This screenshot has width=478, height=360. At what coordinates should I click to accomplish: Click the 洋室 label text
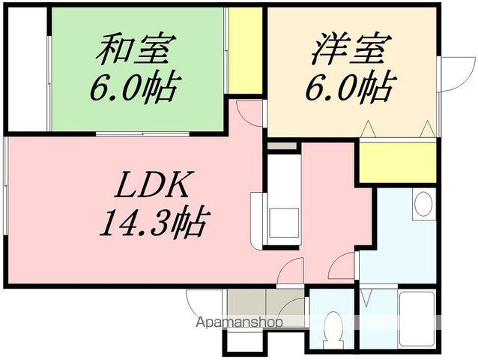click(x=349, y=50)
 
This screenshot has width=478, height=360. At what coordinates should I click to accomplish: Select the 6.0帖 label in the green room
click(x=135, y=88)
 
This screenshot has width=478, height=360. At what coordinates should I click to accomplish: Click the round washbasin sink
click(x=423, y=203)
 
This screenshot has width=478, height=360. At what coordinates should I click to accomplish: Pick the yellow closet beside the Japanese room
click(x=245, y=49)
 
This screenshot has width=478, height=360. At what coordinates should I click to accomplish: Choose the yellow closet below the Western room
click(x=397, y=161)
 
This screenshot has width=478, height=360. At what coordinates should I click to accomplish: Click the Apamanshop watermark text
click(x=240, y=323)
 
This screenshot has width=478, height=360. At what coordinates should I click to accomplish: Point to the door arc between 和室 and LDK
click(x=249, y=112)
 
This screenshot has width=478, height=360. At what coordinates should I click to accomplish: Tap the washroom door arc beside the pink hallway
click(x=345, y=262)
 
